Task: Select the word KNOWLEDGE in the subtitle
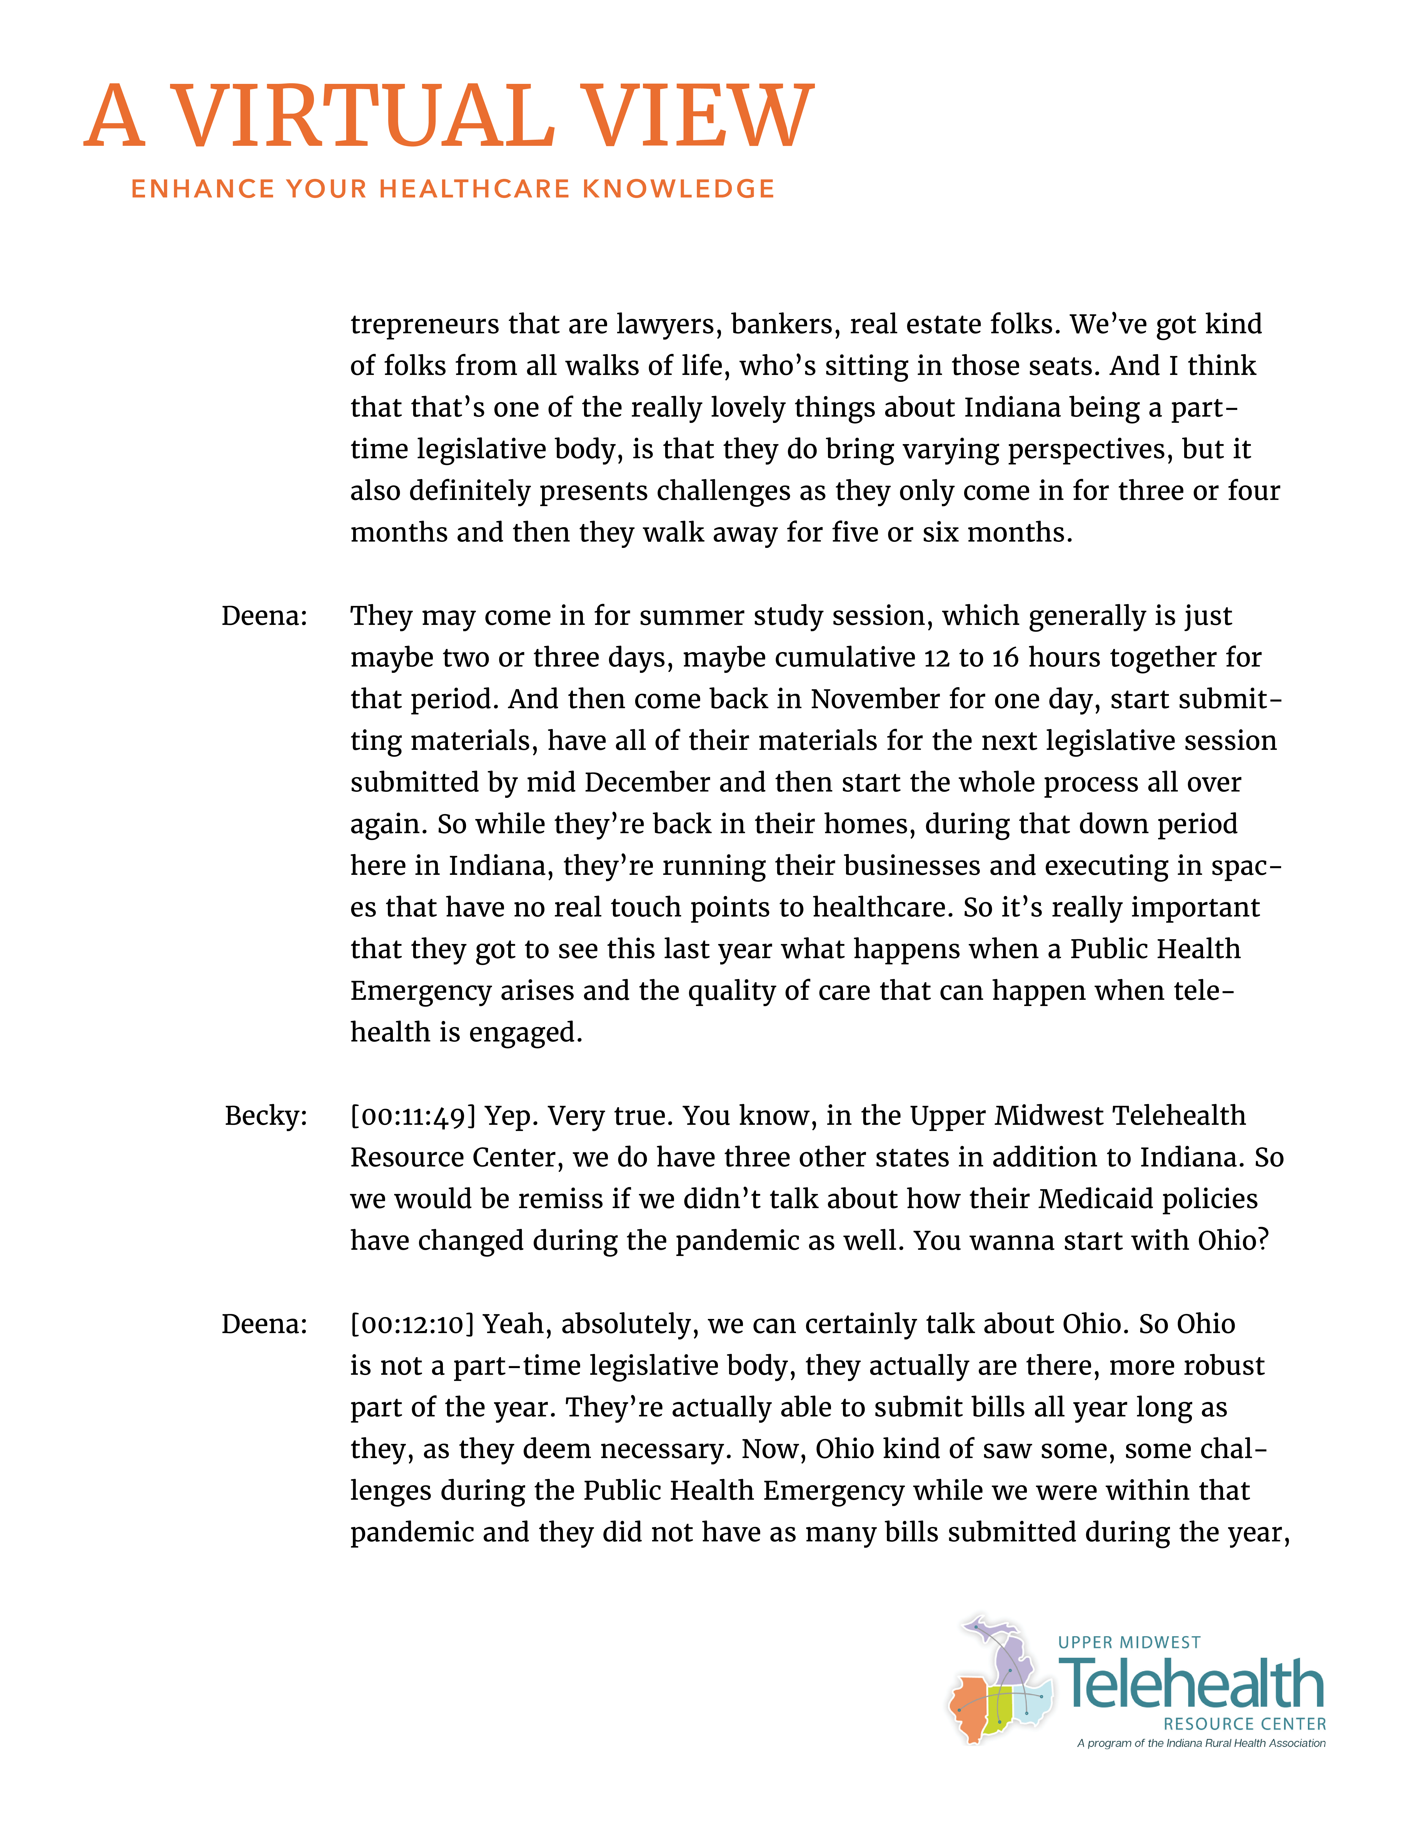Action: [678, 189]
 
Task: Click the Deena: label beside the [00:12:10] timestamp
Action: [264, 1324]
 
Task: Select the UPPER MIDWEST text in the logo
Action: [1129, 1642]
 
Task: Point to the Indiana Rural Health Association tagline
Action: [1201, 1743]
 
